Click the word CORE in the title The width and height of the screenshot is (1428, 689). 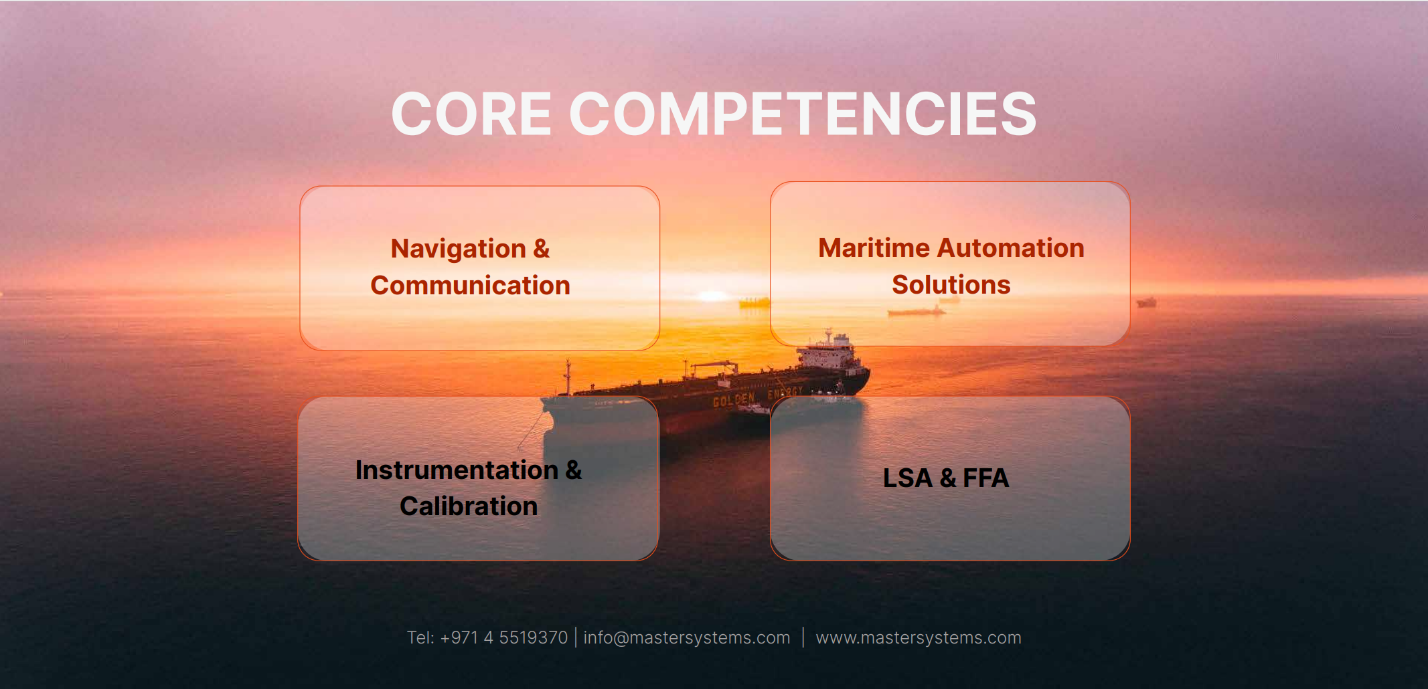point(471,114)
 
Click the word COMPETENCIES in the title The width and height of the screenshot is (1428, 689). point(803,114)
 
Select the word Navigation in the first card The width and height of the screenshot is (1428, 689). point(459,249)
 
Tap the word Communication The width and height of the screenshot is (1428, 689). point(470,286)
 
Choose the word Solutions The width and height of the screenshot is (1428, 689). point(951,285)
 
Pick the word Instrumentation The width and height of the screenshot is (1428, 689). point(457,470)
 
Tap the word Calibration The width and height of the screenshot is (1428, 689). point(469,506)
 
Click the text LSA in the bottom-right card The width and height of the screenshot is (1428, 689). point(907,478)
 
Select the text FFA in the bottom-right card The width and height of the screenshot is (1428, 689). point(985,478)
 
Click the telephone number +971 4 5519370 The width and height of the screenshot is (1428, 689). point(504,637)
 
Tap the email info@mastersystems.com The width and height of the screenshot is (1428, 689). point(687,637)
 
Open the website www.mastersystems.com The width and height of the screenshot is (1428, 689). point(919,637)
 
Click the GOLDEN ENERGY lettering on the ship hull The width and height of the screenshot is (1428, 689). point(757,397)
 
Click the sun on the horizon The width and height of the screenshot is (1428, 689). point(713,296)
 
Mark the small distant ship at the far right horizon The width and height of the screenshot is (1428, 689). point(1146,302)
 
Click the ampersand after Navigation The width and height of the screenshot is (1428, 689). point(542,249)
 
